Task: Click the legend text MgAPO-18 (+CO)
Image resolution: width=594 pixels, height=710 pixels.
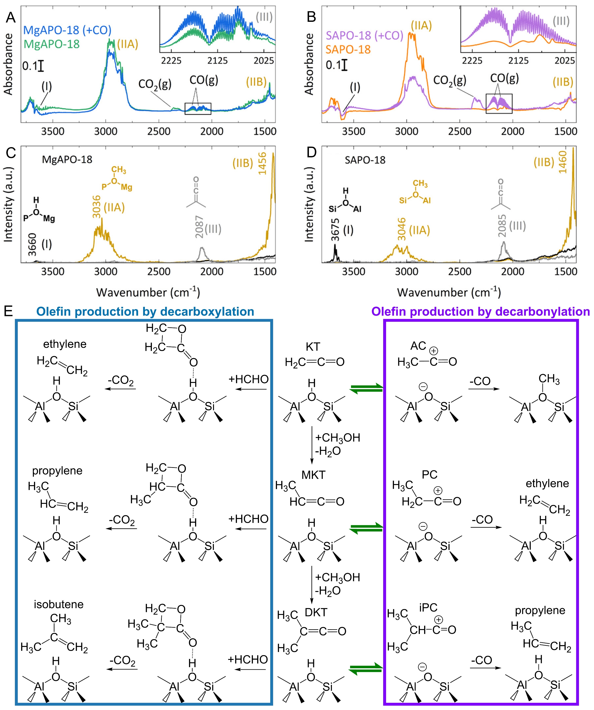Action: (x=67, y=30)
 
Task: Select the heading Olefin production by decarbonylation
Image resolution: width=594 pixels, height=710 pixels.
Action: (x=481, y=311)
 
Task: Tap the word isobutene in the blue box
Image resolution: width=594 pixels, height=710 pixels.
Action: (x=58, y=604)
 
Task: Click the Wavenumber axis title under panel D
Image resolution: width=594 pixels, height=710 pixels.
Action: (x=449, y=292)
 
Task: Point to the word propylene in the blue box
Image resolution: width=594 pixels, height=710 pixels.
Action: (x=57, y=471)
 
